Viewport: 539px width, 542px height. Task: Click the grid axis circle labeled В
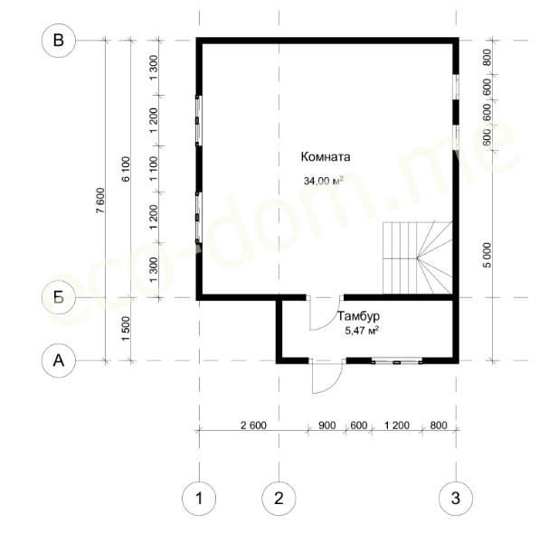[59, 41]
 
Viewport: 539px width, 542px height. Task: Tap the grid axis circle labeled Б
[59, 297]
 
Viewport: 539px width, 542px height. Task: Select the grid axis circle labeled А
[59, 360]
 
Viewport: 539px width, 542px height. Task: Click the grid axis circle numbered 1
[199, 499]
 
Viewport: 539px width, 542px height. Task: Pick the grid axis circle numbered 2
[279, 499]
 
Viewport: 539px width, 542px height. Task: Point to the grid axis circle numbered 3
[456, 499]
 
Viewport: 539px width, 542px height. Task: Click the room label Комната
[326, 157]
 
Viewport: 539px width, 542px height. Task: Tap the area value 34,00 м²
[324, 181]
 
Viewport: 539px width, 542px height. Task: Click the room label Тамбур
[358, 316]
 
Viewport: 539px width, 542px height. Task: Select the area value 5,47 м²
[362, 331]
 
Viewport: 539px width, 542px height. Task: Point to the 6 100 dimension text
[126, 169]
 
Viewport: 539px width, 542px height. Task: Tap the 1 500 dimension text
[126, 329]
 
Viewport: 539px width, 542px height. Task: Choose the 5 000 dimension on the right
[487, 255]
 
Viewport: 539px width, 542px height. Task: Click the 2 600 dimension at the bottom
[253, 425]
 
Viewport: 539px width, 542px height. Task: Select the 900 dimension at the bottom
[327, 425]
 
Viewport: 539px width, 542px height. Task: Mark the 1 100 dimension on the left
[154, 168]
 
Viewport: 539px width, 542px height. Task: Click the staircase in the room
[418, 257]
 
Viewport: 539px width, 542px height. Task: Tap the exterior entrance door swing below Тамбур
[327, 376]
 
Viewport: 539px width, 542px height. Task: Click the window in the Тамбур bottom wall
[397, 361]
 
